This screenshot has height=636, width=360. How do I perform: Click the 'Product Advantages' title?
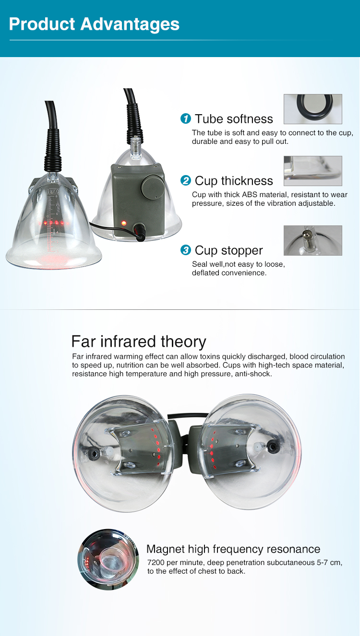click(94, 24)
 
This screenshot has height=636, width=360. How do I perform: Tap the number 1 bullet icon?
click(185, 118)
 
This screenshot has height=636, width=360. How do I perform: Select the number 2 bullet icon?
click(185, 180)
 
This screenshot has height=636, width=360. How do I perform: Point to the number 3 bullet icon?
click(185, 250)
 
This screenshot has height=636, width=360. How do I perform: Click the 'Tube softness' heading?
click(234, 119)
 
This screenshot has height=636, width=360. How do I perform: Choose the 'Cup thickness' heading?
click(234, 181)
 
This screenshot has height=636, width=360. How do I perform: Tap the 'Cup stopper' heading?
click(228, 250)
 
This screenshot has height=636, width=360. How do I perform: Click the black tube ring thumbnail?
click(312, 109)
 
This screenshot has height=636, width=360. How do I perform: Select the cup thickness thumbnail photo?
click(312, 171)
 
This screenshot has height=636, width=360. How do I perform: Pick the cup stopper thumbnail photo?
click(312, 240)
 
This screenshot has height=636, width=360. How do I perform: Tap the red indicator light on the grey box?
click(124, 223)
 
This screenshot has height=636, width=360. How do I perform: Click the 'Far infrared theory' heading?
click(139, 342)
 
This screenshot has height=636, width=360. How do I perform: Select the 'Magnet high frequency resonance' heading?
click(233, 549)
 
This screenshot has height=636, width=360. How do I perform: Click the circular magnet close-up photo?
click(105, 559)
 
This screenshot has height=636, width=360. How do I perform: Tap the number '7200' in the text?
click(157, 563)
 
